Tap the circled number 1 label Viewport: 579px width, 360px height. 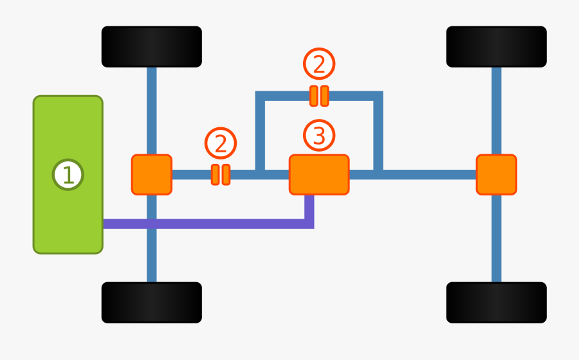pyautogui.click(x=68, y=175)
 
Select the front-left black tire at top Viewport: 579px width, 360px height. pyautogui.click(x=152, y=47)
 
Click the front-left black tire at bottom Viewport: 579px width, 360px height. pyautogui.click(x=152, y=302)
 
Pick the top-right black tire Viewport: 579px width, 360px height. pyautogui.click(x=496, y=47)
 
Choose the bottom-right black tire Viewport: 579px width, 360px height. pyautogui.click(x=496, y=302)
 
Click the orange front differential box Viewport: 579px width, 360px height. pyautogui.click(x=152, y=174)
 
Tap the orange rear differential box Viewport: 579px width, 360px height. pyautogui.click(x=496, y=174)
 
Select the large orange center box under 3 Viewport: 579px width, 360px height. pyautogui.click(x=319, y=174)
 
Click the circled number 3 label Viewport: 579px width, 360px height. pyautogui.click(x=319, y=136)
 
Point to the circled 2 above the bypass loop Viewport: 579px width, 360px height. pyautogui.click(x=319, y=64)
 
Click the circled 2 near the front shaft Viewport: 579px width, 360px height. pyautogui.click(x=221, y=143)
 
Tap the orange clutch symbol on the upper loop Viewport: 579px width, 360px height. pyautogui.click(x=319, y=96)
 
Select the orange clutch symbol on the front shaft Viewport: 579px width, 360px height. pyautogui.click(x=221, y=174)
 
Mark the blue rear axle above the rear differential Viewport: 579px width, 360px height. pyautogui.click(x=496, y=109)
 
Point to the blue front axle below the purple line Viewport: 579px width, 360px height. pyautogui.click(x=152, y=257)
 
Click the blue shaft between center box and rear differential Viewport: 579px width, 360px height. pyautogui.click(x=425, y=174)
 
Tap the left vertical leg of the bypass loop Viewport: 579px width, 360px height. pyautogui.click(x=260, y=135)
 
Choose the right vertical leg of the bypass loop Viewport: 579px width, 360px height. pyautogui.click(x=378, y=135)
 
